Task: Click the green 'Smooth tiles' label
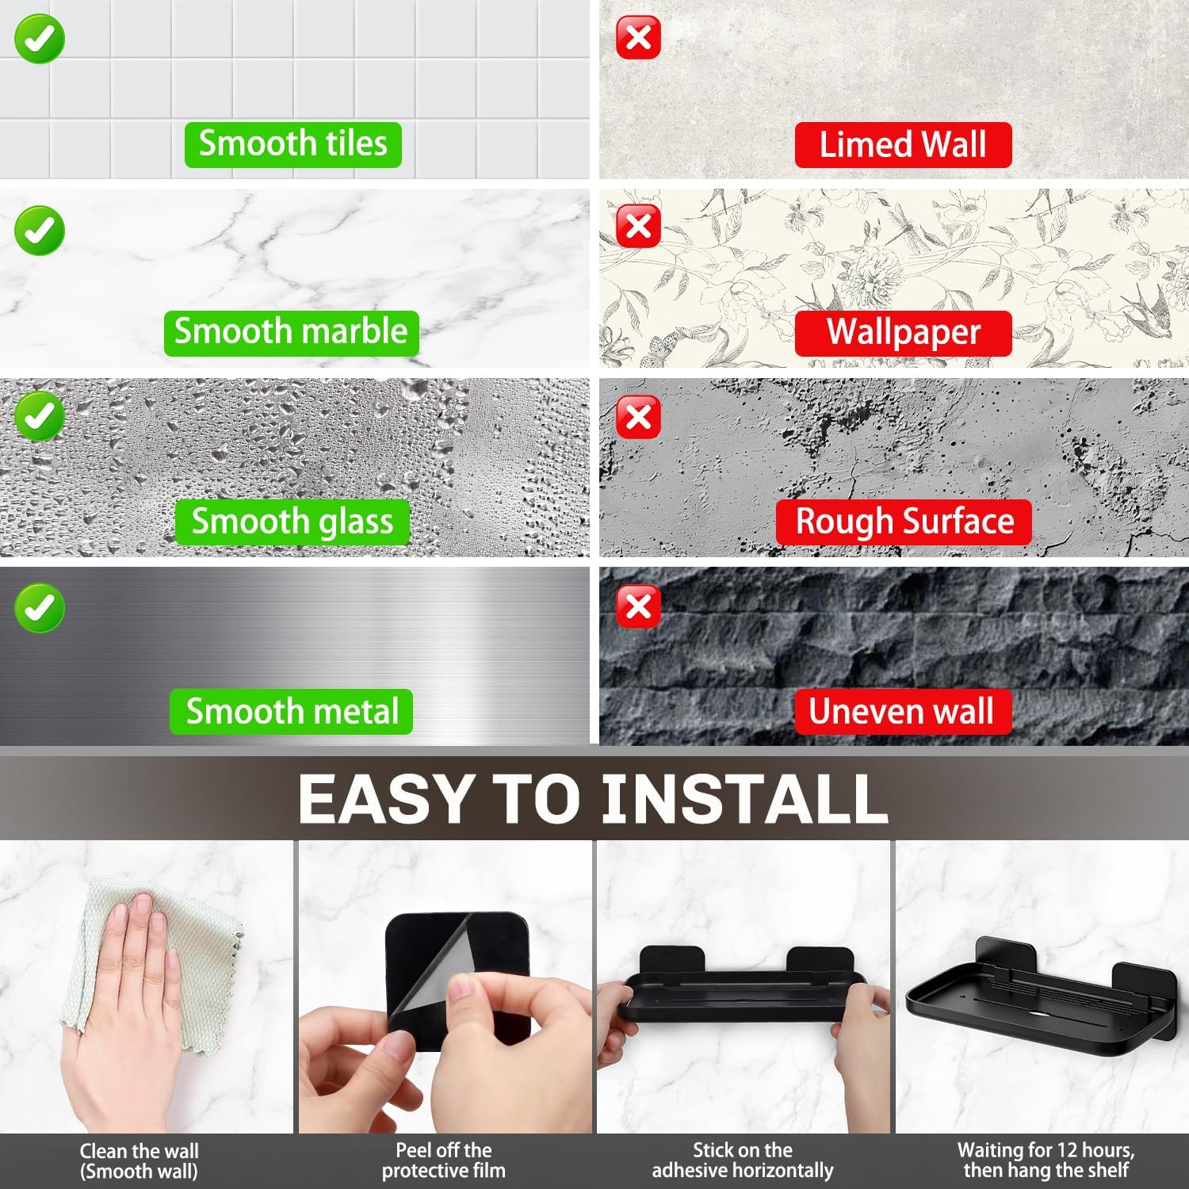[293, 144]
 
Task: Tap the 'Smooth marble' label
[291, 332]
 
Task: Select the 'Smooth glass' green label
[292, 522]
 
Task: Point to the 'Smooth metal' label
[292, 711]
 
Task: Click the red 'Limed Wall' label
[903, 144]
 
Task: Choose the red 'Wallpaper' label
[904, 333]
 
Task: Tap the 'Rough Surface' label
[904, 522]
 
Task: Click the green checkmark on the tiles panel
[39, 39]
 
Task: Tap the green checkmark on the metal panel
[39, 608]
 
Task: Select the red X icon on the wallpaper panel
[638, 226]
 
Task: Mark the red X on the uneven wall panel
[638, 607]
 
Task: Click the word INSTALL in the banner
[744, 798]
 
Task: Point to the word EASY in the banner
[385, 798]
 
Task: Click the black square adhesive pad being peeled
[459, 981]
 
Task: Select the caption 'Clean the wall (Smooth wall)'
[139, 1161]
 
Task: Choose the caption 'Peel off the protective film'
[444, 1160]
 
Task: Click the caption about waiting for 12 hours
[1046, 1160]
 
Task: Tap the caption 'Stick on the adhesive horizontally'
[743, 1160]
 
